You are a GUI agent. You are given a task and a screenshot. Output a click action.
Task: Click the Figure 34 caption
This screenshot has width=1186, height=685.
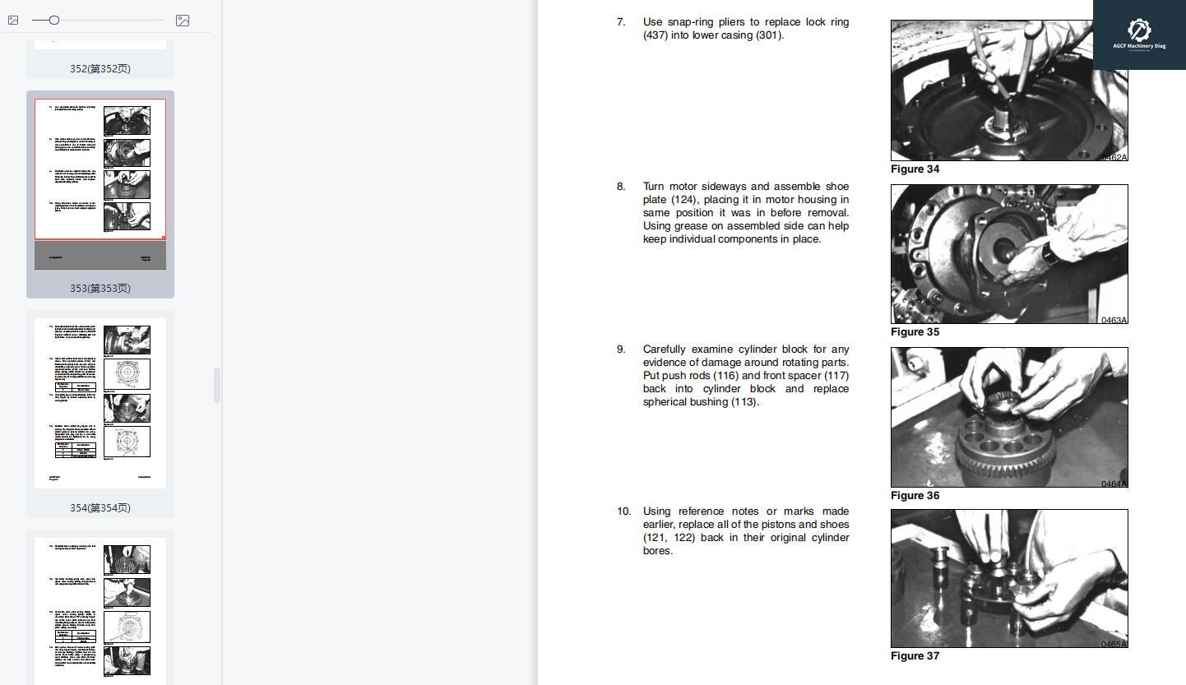click(x=915, y=169)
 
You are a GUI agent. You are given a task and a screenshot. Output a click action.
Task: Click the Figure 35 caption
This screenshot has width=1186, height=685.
click(x=915, y=332)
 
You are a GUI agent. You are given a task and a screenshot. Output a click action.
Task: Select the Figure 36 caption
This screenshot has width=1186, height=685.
click(x=915, y=496)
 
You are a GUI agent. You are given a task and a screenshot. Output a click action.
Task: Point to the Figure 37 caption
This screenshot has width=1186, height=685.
click(x=915, y=656)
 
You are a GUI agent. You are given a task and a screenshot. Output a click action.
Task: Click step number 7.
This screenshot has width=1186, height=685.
click(x=621, y=22)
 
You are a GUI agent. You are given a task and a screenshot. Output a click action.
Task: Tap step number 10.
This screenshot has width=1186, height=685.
click(x=623, y=511)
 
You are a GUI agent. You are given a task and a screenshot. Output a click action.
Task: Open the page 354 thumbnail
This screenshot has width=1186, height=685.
click(x=100, y=403)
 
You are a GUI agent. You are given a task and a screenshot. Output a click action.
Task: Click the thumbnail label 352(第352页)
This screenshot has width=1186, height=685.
click(x=100, y=69)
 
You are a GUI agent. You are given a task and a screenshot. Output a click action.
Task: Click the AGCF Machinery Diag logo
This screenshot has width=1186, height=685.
click(x=1139, y=35)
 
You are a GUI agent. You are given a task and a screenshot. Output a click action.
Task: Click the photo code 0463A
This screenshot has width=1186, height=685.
click(x=1114, y=320)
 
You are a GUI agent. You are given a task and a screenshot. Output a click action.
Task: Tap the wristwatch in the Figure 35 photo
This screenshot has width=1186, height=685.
click(x=1049, y=254)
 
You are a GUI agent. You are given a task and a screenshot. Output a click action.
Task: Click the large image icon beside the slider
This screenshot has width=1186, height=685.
click(x=183, y=21)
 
